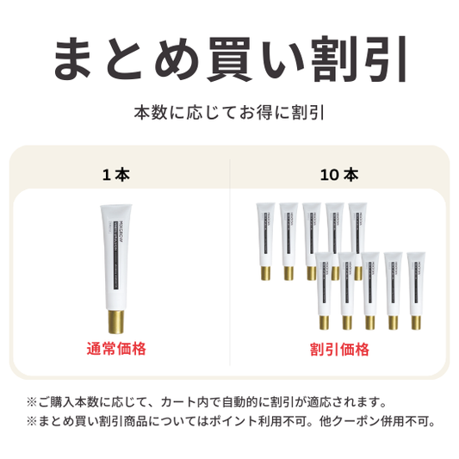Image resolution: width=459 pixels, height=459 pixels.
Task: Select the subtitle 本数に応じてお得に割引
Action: tap(228, 113)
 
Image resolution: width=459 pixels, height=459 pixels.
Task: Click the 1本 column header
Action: tap(115, 174)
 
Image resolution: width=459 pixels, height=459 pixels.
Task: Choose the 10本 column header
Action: tap(338, 174)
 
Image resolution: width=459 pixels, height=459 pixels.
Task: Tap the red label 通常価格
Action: tap(116, 349)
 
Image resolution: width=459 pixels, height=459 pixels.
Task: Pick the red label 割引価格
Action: tap(339, 349)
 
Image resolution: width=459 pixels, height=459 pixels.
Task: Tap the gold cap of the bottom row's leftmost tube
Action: tap(325, 322)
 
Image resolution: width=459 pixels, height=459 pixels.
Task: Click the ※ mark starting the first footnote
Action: tap(32, 401)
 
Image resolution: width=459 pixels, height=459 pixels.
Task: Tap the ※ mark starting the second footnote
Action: tap(32, 421)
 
